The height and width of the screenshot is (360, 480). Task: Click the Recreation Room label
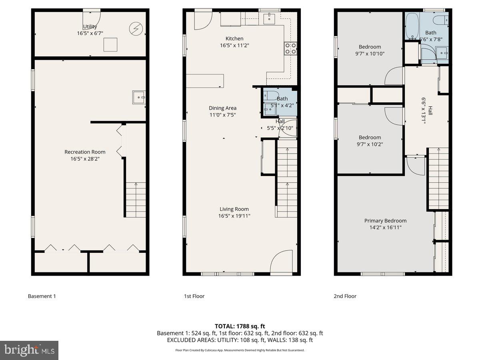(85, 152)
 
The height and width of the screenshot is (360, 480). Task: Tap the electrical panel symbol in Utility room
(136, 28)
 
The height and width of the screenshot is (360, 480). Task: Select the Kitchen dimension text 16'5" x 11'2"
(234, 46)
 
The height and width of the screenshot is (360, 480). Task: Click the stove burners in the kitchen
(290, 48)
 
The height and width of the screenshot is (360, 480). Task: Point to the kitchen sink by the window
(270, 17)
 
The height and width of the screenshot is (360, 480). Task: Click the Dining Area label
(222, 108)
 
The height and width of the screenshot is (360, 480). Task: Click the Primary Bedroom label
(385, 221)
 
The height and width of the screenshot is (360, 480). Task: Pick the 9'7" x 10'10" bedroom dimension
(370, 54)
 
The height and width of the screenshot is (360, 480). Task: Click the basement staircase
(136, 200)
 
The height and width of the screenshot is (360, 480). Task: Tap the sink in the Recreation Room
(139, 97)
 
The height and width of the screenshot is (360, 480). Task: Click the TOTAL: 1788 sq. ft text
(240, 326)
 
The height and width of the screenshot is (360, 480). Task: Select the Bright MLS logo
(29, 350)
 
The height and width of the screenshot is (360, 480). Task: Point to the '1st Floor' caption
(194, 296)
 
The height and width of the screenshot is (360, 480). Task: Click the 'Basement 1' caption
(42, 296)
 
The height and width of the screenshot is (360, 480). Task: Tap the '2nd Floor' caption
(345, 296)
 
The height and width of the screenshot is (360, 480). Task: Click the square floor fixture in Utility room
(110, 44)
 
